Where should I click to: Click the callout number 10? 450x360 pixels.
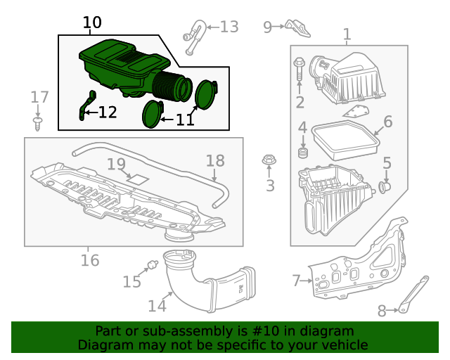point(92,22)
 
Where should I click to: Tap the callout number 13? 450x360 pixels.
point(229,27)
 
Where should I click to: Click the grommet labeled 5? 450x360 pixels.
point(385,187)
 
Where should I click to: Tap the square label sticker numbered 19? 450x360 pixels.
point(139,179)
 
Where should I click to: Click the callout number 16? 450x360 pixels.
point(89,260)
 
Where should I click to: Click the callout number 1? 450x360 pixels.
point(347,34)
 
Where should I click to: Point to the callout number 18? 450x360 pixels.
point(215,160)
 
